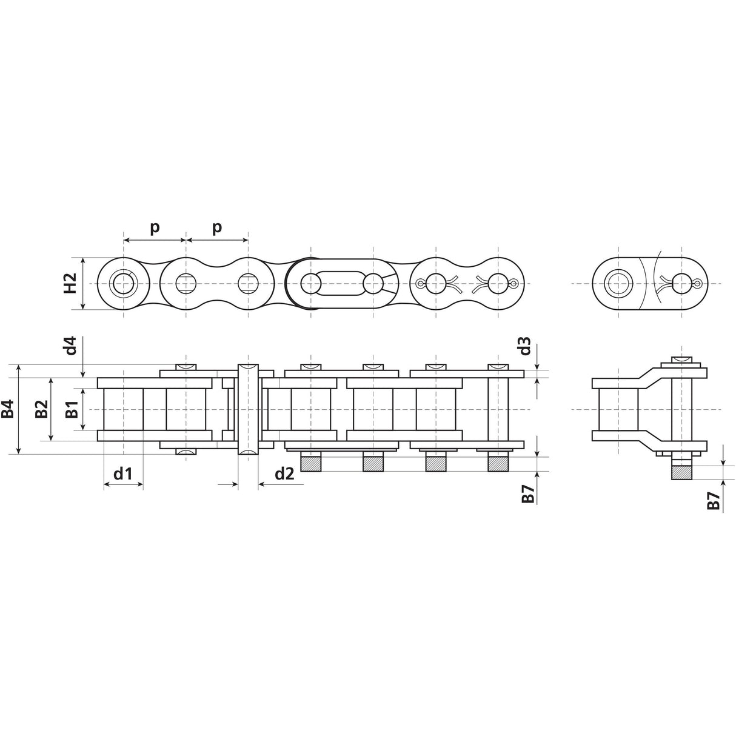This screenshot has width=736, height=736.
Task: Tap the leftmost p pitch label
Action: pos(155,227)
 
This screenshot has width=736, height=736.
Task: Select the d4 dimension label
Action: pos(70,347)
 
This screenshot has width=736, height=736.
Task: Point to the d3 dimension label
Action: pos(524,347)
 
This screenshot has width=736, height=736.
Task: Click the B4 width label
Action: pos(8,409)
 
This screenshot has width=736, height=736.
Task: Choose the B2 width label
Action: pos(41,409)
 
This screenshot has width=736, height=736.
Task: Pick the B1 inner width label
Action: pos(71,409)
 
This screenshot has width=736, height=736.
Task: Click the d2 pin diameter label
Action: pos(284,473)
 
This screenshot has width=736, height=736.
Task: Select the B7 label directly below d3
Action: pos(527,495)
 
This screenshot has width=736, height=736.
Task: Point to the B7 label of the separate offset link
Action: pos(714,500)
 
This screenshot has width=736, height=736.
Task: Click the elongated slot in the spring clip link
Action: pos(341,283)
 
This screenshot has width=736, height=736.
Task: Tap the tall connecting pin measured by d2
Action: pos(248,409)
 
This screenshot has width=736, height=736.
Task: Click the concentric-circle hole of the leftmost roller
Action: pos(123,283)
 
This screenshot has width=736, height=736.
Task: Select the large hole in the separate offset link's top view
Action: pos(618,283)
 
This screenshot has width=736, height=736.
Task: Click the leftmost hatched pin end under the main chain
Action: pos(311,463)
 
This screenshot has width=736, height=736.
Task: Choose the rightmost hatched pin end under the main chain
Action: pos(498,463)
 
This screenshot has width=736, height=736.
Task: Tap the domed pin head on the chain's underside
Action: pos(186,452)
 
